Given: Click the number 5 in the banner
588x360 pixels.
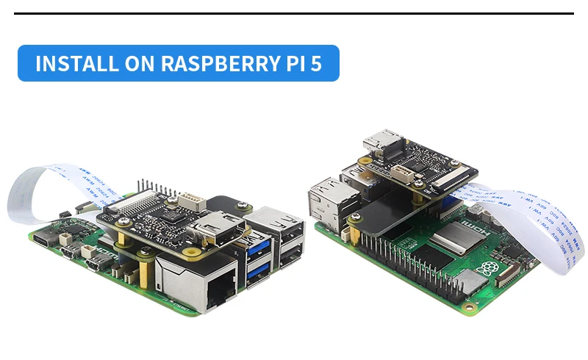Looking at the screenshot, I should tap(316, 63).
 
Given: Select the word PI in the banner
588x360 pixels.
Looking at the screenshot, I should tap(292, 63).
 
